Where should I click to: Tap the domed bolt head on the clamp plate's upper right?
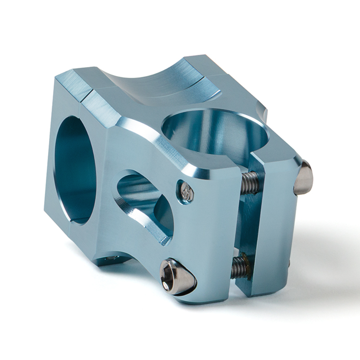(x=303, y=179)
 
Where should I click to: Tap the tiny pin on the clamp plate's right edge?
(x=289, y=265)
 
